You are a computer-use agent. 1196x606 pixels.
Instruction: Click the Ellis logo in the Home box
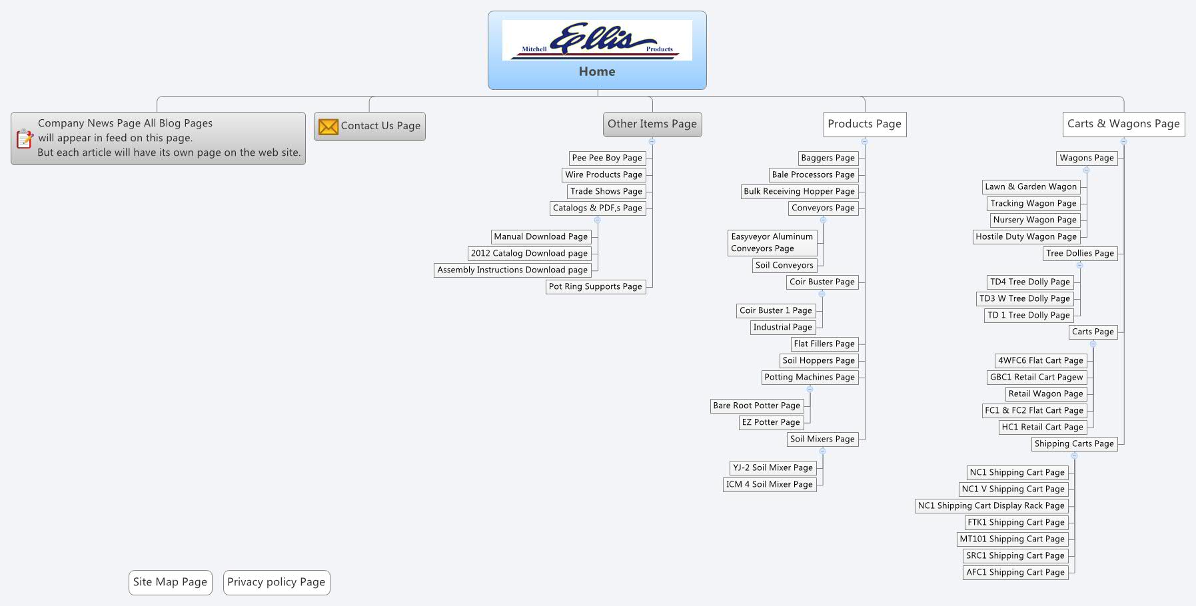[x=596, y=40]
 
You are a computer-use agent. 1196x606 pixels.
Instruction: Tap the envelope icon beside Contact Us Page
[x=328, y=127]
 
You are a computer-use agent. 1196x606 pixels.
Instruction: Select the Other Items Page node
[x=652, y=124]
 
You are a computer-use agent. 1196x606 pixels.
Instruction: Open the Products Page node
[x=864, y=124]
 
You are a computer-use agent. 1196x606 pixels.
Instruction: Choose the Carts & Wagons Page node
[x=1123, y=124]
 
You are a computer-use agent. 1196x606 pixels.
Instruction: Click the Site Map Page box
[x=170, y=582]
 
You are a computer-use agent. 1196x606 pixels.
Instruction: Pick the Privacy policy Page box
[x=276, y=582]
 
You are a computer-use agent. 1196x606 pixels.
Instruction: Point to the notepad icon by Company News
[x=25, y=139]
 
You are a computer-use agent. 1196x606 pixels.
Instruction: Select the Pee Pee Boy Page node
[x=606, y=158]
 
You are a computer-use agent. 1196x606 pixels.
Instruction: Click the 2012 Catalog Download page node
[x=529, y=253]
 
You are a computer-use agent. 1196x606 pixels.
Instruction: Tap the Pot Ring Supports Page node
[x=595, y=286]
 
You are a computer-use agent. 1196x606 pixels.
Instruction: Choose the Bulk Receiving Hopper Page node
[x=799, y=191]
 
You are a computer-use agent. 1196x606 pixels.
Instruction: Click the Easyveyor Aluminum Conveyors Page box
[x=772, y=242]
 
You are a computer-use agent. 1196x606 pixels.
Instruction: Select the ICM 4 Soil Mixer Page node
[x=769, y=484]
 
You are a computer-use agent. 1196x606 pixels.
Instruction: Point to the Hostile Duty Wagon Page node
[x=1025, y=236]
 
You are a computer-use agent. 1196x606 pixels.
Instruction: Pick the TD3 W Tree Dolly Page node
[x=1024, y=298]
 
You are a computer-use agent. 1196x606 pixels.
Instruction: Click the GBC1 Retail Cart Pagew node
[x=1036, y=377]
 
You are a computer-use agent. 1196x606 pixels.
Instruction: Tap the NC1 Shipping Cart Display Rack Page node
[x=991, y=505]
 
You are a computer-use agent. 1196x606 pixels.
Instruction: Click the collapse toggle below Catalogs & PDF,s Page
[x=597, y=220]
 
